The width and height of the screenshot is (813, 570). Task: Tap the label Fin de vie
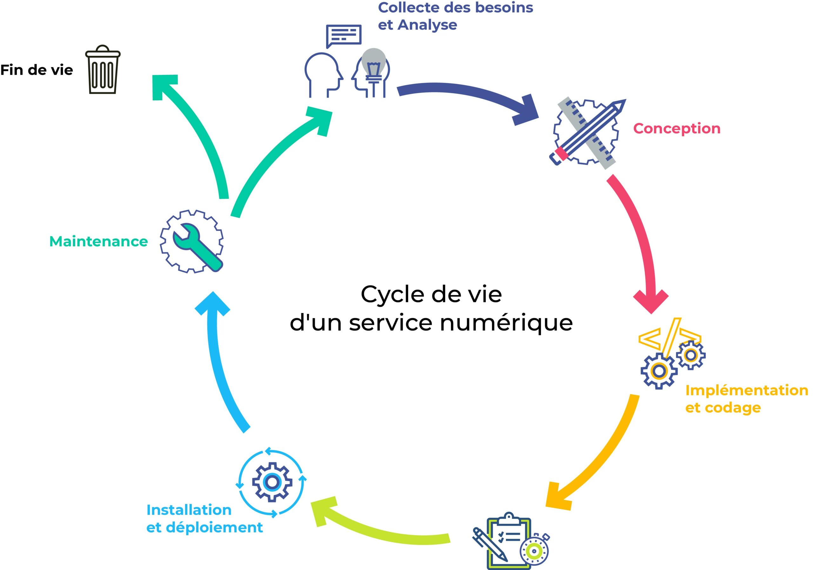tap(37, 70)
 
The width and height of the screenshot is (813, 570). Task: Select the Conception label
tap(677, 129)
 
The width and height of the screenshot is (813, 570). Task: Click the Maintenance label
tap(98, 241)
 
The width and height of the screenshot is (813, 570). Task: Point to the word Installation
tap(189, 510)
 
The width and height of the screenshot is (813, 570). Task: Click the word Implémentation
tap(746, 390)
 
